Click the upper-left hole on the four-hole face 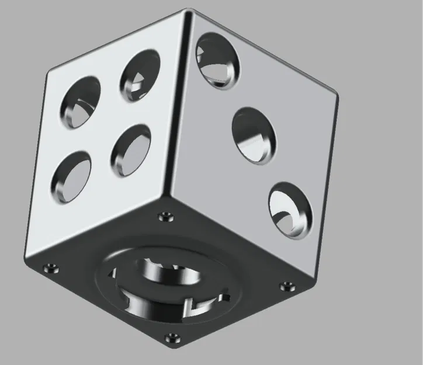pos(81,102)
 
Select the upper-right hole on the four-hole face pos(141,74)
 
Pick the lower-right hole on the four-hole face pos(131,150)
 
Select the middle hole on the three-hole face pos(255,134)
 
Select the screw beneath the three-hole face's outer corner pos(287,286)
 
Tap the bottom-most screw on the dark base pos(172,337)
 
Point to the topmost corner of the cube pos(188,10)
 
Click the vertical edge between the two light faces pos(178,105)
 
